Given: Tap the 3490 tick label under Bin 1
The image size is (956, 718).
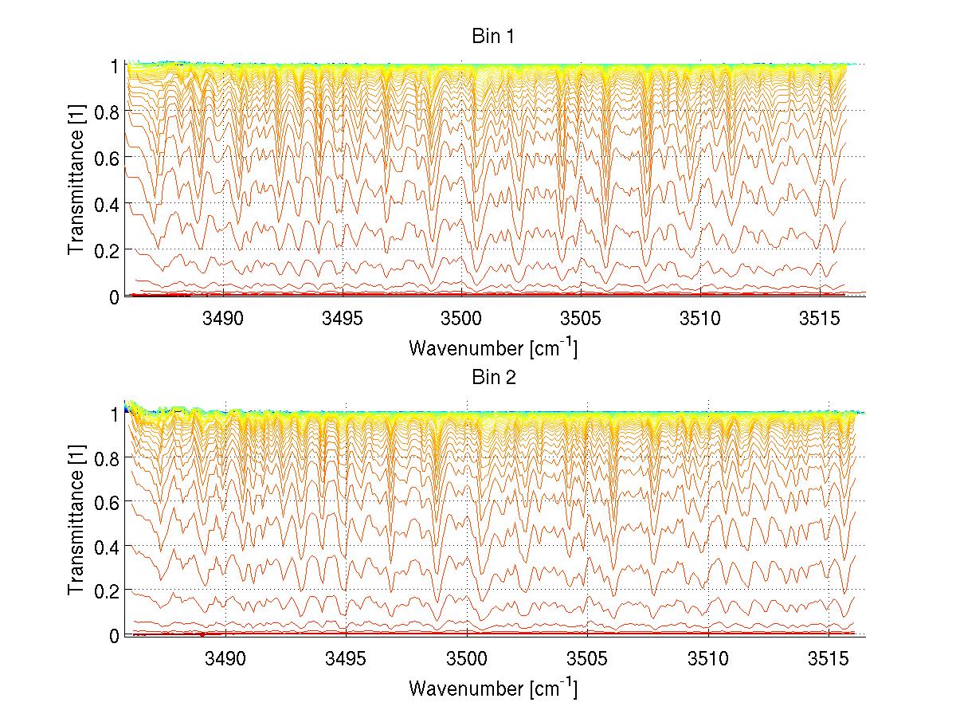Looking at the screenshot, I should pos(223,319).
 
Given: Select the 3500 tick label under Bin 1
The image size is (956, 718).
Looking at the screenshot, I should pos(461,319).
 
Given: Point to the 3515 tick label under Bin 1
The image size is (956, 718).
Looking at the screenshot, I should pos(820,319).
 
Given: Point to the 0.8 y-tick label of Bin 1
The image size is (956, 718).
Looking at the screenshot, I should pos(107,112).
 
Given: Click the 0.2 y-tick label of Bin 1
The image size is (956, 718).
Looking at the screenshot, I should pos(107,250).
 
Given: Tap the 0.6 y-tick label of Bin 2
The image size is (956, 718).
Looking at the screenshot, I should pos(107,502).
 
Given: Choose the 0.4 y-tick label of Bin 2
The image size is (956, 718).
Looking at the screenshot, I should pos(107,547).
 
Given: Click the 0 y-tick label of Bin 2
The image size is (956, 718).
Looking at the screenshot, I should pos(115,636).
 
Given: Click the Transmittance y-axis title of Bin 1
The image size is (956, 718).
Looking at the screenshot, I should pos(76,181).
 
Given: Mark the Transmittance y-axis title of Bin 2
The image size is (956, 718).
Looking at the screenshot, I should pos(76,522).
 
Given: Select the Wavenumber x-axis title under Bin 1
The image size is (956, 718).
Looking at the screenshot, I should pos(492,347).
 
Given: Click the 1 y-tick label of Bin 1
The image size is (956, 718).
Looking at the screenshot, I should pos(115,66).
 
